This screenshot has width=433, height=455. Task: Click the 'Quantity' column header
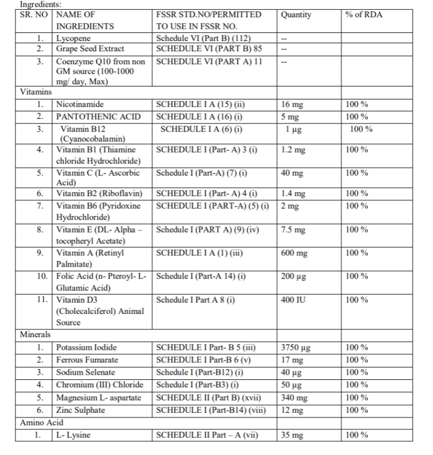point(296,15)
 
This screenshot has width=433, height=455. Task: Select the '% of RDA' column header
point(364,15)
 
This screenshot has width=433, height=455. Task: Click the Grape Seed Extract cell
point(90,49)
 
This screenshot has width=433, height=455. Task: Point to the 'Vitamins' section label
point(36,92)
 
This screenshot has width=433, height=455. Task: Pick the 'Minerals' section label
point(35,334)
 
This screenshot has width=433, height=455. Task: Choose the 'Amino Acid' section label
point(41,423)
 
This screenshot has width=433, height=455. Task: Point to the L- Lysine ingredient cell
point(73,435)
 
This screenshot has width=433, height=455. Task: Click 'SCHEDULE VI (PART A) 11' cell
point(209,61)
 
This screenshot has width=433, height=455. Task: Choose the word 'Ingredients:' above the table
point(40,4)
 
